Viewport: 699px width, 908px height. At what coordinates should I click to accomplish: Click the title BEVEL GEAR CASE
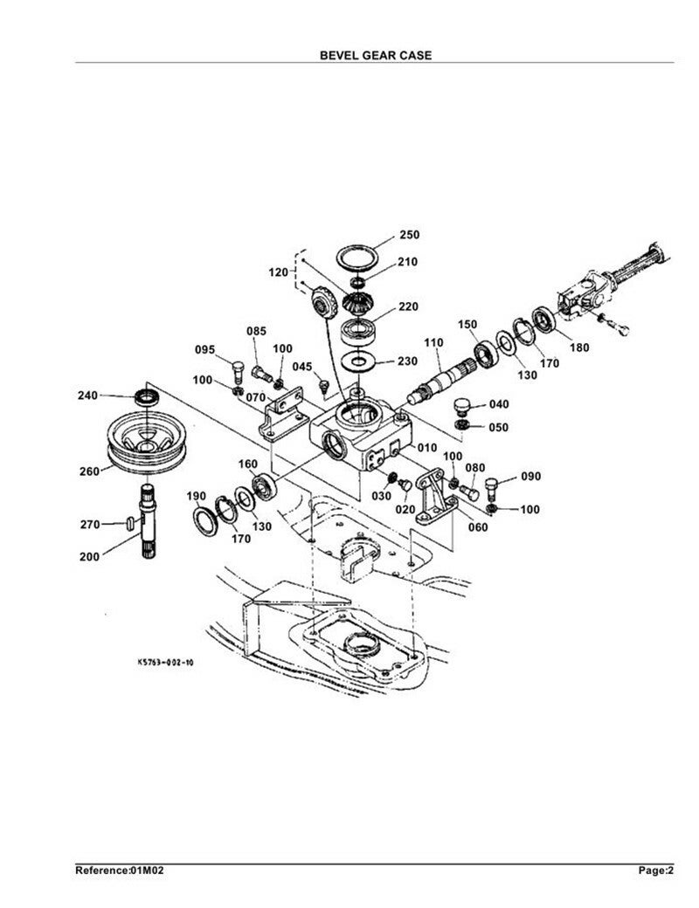376,55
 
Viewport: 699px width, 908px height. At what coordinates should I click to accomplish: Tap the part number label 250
409,235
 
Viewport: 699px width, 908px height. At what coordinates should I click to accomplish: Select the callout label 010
427,448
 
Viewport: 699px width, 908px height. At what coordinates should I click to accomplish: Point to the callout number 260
89,471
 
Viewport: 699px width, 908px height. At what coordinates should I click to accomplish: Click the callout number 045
302,367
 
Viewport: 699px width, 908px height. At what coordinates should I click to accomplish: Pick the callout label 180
579,347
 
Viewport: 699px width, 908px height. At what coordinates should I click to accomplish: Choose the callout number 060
478,527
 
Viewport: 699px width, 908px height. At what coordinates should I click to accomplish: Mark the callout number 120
278,272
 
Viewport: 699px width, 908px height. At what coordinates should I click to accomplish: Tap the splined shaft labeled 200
148,522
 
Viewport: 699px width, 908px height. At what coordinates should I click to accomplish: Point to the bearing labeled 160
265,486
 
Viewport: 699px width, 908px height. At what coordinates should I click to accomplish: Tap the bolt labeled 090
491,489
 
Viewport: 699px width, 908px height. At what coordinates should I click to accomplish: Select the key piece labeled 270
130,523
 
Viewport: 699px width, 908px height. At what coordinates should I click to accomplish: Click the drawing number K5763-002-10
166,662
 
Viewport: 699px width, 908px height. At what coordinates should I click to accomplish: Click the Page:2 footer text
656,870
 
